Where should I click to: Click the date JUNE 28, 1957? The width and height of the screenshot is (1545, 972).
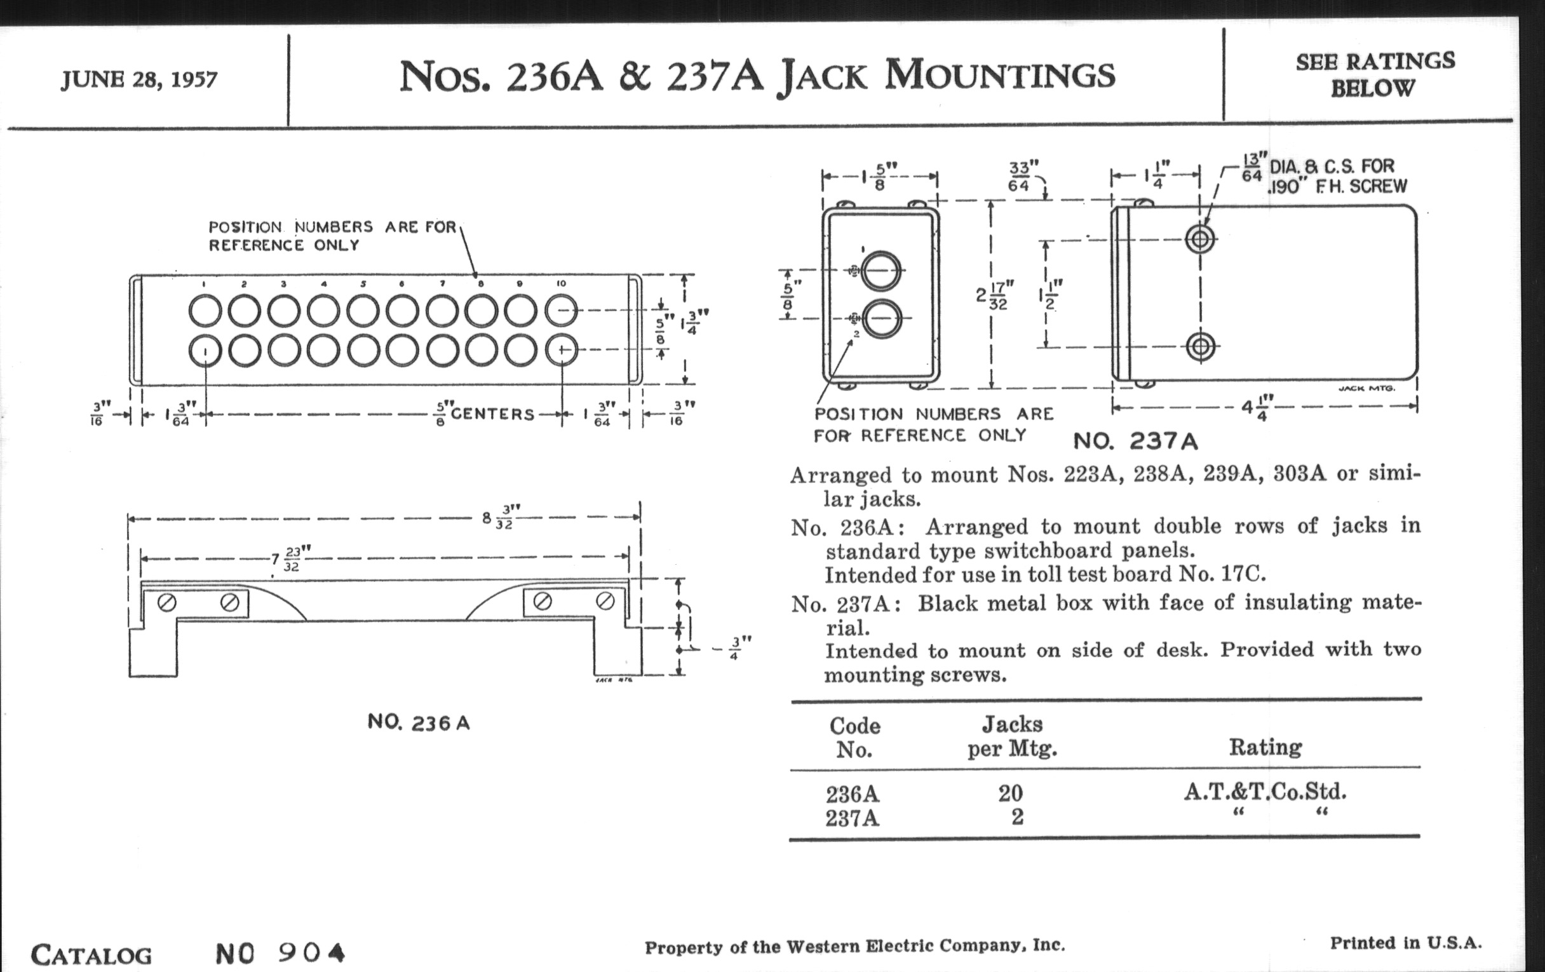click(139, 80)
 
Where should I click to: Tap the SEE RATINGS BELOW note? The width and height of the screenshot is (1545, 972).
click(1374, 74)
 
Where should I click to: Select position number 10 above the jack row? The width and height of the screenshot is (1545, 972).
click(561, 283)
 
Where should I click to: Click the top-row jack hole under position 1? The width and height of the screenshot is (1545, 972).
click(205, 311)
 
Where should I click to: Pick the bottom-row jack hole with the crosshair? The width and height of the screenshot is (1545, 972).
click(562, 350)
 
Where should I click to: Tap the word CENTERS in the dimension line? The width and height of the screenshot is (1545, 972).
click(492, 414)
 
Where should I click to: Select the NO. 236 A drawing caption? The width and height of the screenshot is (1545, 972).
click(418, 723)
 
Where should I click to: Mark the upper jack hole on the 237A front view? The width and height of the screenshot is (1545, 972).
click(880, 271)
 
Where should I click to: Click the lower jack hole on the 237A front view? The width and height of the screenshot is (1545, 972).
click(880, 319)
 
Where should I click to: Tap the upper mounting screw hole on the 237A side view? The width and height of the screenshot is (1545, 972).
click(1200, 240)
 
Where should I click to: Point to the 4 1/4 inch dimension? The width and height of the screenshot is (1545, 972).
click(1254, 407)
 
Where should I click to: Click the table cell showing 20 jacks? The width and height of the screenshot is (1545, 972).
click(1010, 793)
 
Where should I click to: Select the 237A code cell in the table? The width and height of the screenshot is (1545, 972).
click(852, 819)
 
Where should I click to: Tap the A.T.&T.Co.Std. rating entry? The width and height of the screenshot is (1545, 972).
click(1265, 792)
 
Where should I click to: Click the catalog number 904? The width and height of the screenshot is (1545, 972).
click(312, 954)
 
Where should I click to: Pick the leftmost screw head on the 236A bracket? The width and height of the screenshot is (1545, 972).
click(167, 603)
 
